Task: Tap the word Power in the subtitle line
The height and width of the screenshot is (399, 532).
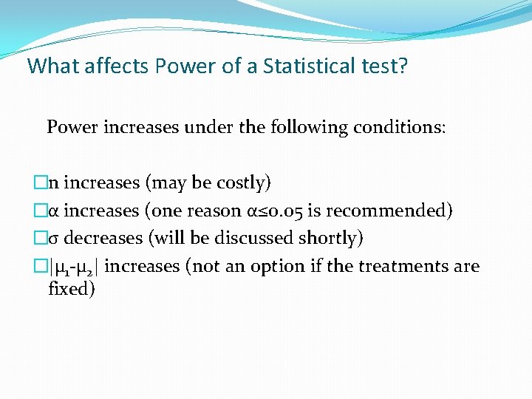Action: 72,127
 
